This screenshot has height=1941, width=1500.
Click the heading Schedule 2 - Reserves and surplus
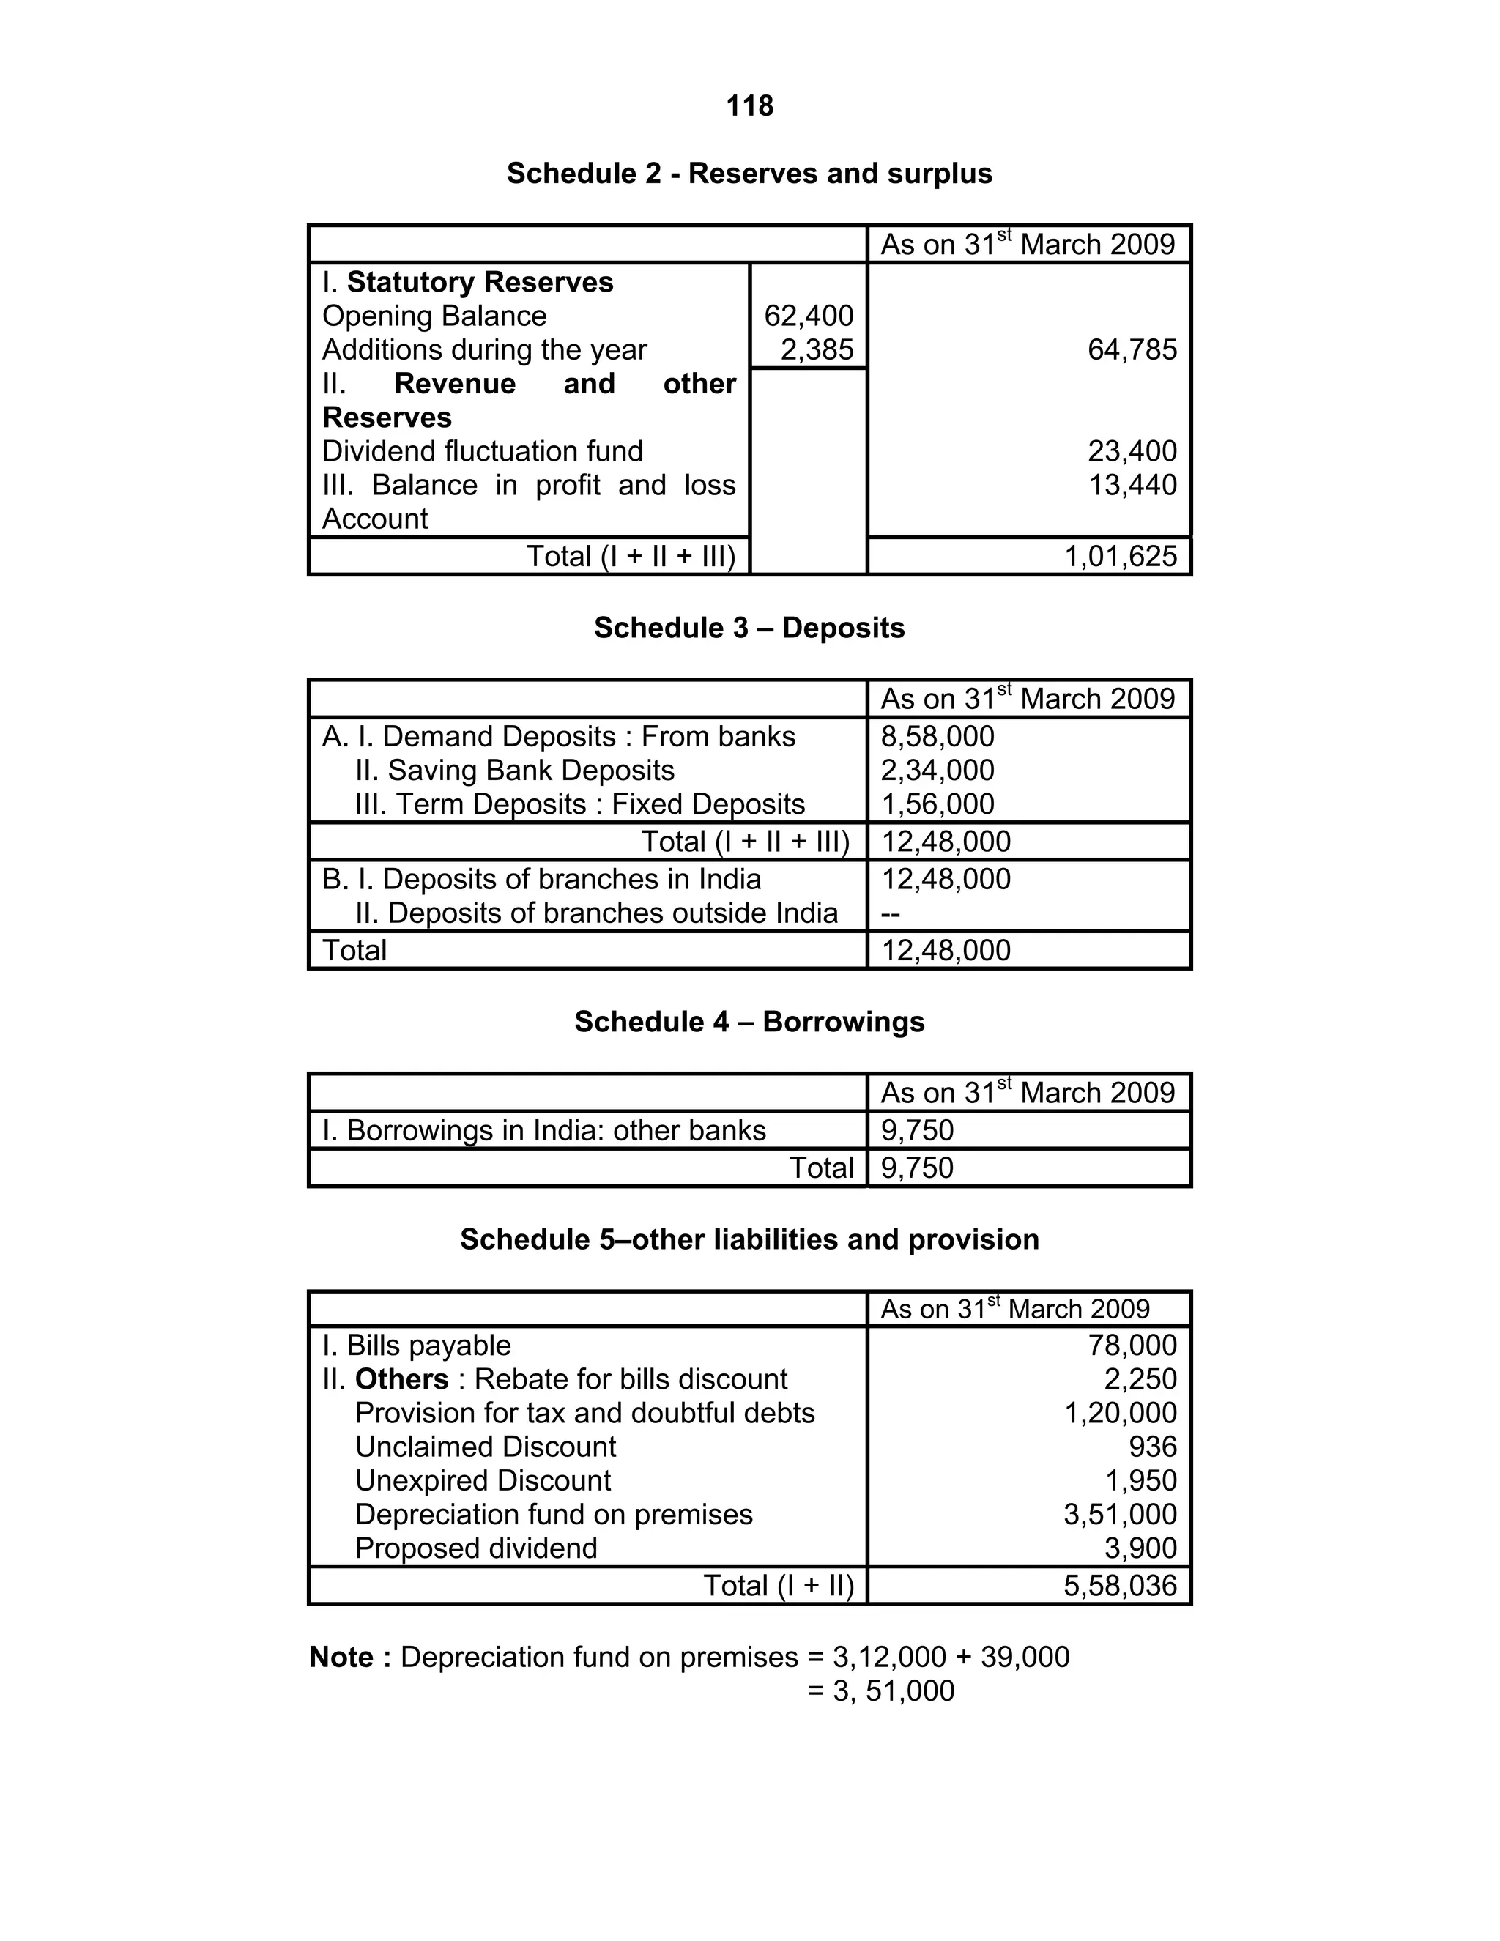[749, 174]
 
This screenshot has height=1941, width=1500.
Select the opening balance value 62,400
[808, 316]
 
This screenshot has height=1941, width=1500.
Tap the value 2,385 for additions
[817, 349]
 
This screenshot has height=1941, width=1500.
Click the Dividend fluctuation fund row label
[482, 450]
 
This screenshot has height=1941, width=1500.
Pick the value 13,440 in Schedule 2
[1132, 484]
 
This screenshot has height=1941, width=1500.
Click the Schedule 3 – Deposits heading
[749, 628]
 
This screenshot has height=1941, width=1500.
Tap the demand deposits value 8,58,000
[937, 736]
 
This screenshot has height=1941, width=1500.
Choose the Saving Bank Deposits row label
[514, 770]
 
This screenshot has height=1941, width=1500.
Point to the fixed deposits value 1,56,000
[937, 804]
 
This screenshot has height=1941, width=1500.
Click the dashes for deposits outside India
[891, 913]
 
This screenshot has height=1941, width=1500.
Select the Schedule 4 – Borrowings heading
[749, 1021]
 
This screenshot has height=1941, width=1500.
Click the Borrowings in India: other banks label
[544, 1129]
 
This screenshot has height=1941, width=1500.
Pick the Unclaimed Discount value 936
[1153, 1446]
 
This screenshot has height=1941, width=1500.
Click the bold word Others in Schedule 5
[401, 1378]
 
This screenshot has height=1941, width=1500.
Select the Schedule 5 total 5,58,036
[1120, 1586]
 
